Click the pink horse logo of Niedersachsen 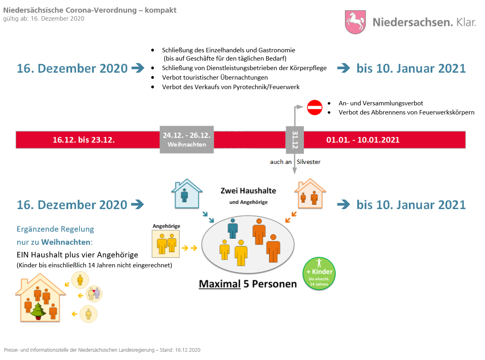click(x=356, y=22)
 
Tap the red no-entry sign click(x=315, y=107)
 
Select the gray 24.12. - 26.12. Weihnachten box click(x=186, y=139)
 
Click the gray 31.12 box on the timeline click(x=295, y=139)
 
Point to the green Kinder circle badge click(x=319, y=273)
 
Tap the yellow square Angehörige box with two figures click(x=166, y=242)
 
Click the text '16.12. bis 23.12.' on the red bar click(x=84, y=140)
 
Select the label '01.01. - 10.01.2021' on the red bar click(x=363, y=140)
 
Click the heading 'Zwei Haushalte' click(x=248, y=191)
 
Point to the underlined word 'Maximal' click(x=220, y=284)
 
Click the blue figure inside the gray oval click(x=233, y=229)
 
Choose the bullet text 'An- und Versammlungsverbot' click(x=381, y=103)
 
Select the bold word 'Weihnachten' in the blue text click(x=66, y=242)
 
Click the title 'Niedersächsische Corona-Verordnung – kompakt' click(x=90, y=10)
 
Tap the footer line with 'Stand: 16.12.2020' click(x=102, y=350)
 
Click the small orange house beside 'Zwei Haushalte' click(x=310, y=194)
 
